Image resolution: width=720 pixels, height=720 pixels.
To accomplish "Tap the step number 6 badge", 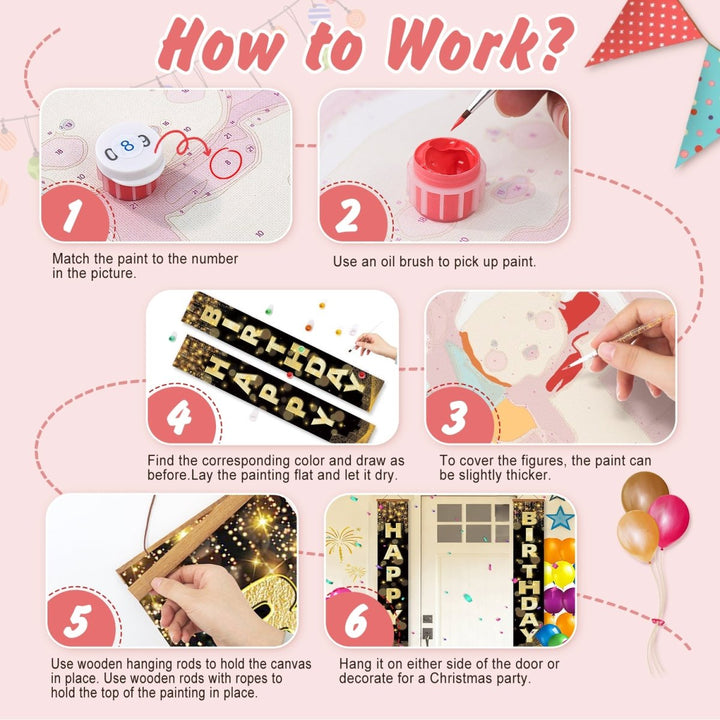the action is [358, 620].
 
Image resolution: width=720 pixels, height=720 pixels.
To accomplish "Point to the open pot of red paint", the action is [446, 178].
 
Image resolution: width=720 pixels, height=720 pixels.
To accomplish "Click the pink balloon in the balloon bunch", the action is [669, 521].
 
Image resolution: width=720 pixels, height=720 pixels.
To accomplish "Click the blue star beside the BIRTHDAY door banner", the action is [560, 518].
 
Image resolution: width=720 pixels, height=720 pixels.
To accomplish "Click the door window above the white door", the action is [473, 523].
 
